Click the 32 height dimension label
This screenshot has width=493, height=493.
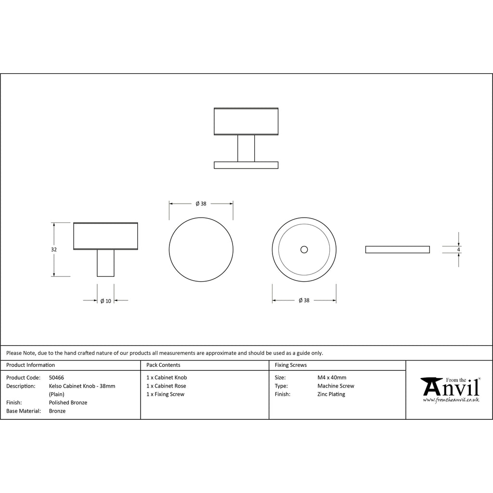pos(54,249)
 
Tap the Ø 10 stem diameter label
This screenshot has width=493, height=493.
pos(105,301)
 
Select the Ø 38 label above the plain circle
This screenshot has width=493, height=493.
pos(201,204)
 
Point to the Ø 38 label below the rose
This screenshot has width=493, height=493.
pos(304,300)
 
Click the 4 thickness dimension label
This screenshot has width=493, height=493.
pos(458,249)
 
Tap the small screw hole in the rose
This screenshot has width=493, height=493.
pos(304,249)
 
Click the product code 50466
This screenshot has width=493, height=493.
pos(56,377)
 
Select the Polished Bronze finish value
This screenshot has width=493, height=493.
pos(68,402)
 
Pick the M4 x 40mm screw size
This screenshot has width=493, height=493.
pos(332,377)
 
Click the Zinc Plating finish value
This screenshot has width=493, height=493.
pos(331,394)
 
